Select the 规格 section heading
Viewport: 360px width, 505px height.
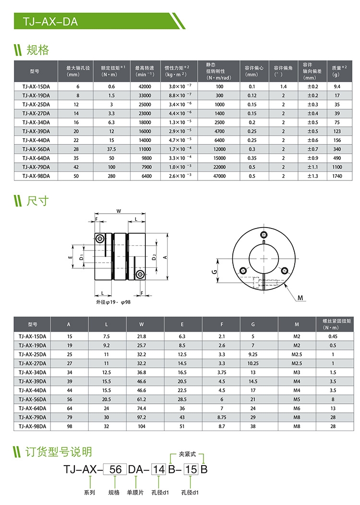(x=37, y=49)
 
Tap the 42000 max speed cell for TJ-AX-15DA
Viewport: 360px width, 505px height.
(x=144, y=86)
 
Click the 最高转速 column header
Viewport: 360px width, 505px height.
(x=144, y=71)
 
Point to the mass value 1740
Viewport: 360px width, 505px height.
(x=336, y=176)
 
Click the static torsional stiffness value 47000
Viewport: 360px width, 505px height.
(x=219, y=176)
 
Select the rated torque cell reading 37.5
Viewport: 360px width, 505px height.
(x=111, y=149)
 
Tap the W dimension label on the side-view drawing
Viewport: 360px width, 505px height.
(x=118, y=211)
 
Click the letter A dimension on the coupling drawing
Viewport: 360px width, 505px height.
(x=165, y=257)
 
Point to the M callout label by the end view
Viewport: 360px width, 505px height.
(x=300, y=299)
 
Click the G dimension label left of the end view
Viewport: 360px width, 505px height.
(x=214, y=272)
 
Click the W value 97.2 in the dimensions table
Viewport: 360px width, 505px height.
(x=142, y=417)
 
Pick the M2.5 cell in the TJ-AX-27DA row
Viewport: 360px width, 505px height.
(x=297, y=363)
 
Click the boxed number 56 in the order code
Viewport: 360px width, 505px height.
(x=115, y=469)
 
